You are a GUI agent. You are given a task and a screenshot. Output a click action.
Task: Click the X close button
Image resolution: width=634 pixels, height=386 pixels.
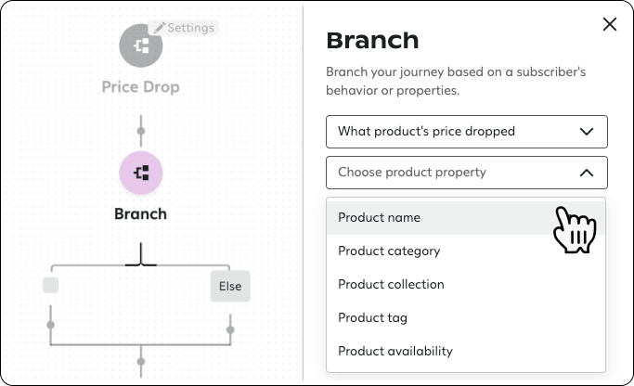tap(610, 25)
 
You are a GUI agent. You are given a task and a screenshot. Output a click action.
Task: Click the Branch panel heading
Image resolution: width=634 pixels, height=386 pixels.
tap(372, 41)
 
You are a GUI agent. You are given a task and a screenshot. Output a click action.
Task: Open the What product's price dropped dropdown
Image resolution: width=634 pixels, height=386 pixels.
tap(466, 132)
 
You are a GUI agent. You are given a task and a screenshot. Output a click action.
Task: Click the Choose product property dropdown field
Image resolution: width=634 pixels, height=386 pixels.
tap(466, 173)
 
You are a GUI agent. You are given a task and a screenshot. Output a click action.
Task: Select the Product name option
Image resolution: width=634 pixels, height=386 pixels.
tap(379, 217)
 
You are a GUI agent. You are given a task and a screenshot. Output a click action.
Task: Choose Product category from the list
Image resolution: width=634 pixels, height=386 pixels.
tap(389, 251)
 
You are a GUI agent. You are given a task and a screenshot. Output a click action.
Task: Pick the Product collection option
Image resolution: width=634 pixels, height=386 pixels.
tap(391, 284)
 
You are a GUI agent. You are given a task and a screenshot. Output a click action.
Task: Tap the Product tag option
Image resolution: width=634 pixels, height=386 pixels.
tap(372, 317)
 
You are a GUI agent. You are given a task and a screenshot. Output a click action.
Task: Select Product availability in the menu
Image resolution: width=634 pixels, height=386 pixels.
tap(395, 351)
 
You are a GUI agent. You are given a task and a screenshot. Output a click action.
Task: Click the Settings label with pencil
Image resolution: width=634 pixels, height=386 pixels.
tap(184, 28)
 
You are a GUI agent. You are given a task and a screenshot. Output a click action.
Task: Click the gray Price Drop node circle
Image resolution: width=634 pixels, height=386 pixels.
tap(141, 45)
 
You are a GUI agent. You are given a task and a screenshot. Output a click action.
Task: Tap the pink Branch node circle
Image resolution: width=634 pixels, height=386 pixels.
tap(141, 172)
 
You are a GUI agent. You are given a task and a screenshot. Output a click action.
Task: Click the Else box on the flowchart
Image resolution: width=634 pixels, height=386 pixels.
tap(229, 287)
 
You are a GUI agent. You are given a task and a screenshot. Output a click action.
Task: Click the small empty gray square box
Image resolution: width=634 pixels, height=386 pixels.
tap(50, 285)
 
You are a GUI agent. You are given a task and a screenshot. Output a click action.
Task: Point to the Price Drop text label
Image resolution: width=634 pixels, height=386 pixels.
tap(141, 87)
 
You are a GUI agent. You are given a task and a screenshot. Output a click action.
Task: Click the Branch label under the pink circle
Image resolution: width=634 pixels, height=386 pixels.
tap(141, 213)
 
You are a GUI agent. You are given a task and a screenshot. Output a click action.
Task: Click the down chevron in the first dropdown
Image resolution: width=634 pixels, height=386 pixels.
tap(586, 132)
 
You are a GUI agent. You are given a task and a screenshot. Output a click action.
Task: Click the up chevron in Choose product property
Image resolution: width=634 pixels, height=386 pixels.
tap(586, 173)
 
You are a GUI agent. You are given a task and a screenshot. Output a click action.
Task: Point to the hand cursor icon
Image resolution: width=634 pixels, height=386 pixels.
tap(573, 229)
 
